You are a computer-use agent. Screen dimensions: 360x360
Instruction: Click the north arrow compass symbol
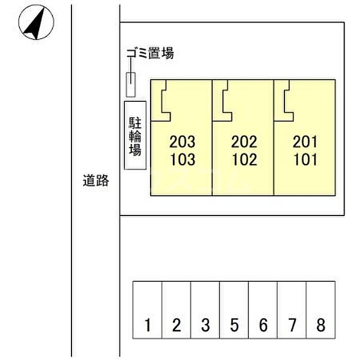pos(36,22)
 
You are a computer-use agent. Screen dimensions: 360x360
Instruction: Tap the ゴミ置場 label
pos(150,52)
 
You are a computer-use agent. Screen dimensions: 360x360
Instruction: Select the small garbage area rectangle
pos(131,85)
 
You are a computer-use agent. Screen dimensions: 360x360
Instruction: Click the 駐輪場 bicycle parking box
pos(135,135)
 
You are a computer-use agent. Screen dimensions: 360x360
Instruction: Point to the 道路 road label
pos(96,181)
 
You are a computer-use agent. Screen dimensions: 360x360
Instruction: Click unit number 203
pos(182,141)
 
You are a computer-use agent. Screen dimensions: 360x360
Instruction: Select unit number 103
pos(183,159)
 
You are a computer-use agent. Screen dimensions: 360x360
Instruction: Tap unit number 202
pos(244,141)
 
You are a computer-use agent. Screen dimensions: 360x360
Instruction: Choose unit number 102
pos(244,159)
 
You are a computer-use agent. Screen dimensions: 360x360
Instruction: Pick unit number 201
pos(305,141)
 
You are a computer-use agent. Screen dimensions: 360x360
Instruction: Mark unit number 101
pos(305,159)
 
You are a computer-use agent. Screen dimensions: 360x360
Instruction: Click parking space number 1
pos(148,325)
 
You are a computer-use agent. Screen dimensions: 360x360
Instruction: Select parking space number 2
pos(176,325)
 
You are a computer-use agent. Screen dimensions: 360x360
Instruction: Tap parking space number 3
pos(206,325)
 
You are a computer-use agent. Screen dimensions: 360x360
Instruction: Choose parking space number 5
pos(235,325)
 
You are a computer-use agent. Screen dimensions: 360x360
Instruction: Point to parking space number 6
pos(263,325)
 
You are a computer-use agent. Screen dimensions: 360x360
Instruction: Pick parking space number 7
pos(292,325)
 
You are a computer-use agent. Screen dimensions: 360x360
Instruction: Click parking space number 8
pos(321,325)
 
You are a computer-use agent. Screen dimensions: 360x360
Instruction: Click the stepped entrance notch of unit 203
pos(162,101)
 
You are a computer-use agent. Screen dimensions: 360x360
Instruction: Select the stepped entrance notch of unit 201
pos(285,101)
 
